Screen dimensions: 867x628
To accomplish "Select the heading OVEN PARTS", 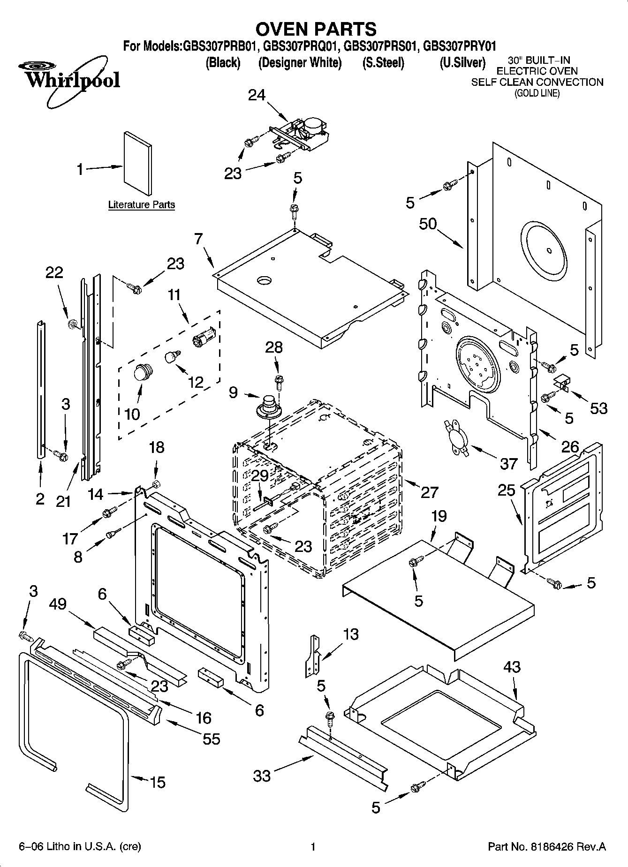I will pos(316,29).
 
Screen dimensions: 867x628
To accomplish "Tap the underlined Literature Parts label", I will pos(141,204).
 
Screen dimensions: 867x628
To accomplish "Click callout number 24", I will pos(257,95).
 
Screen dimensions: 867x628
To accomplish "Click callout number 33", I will pos(262,776).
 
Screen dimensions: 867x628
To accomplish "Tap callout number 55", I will pos(211,739).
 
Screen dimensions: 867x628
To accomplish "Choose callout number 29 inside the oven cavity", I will pos(260,475).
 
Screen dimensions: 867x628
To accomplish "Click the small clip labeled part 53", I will pos(562,383).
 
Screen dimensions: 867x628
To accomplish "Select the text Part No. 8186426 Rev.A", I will pos(547,847).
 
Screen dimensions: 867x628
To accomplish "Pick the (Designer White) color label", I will pos(300,63).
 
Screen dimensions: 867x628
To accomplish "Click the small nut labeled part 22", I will pos(73,323).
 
